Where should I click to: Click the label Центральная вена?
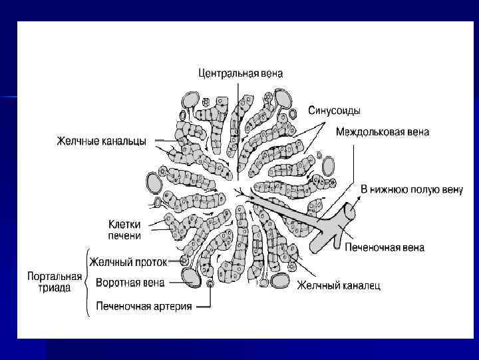tap(241, 73)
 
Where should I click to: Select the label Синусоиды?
tap(334, 110)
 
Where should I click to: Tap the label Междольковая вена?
tap(382, 132)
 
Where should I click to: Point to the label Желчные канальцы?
tap(101, 141)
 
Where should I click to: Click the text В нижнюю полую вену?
tap(411, 189)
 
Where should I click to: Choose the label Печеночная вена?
tap(384, 248)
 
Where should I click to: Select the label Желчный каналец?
tap(339, 286)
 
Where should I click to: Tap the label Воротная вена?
tap(130, 283)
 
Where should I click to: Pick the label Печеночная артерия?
tap(144, 307)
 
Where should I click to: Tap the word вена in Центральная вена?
tap(270, 73)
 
